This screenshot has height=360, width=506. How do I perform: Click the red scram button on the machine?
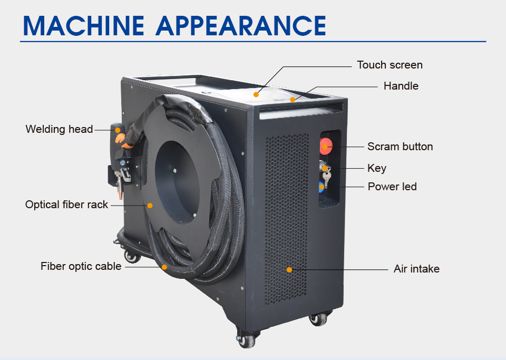[326, 146]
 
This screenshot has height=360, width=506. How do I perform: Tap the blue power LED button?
[322, 187]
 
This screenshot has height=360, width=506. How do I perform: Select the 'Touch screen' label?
[390, 65]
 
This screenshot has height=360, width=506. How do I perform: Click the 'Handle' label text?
[401, 86]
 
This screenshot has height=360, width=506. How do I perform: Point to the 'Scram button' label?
[400, 147]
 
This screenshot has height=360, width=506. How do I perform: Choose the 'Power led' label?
[392, 187]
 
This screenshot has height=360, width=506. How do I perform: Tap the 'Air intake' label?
[416, 269]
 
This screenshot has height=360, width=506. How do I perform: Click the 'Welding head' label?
[59, 129]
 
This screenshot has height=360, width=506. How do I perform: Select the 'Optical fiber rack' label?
[66, 205]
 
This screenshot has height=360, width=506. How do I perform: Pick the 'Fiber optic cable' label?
[81, 266]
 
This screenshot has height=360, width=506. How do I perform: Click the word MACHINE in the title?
[84, 25]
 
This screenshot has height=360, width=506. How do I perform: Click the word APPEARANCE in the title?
[241, 25]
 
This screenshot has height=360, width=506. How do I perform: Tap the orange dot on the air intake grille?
[289, 270]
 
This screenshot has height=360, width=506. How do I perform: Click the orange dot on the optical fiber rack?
[150, 206]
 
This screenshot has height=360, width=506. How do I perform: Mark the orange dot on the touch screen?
[256, 94]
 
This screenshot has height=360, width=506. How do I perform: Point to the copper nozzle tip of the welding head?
[121, 195]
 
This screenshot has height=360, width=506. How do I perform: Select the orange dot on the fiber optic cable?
[164, 267]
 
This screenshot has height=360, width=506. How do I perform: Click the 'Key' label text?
[376, 168]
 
